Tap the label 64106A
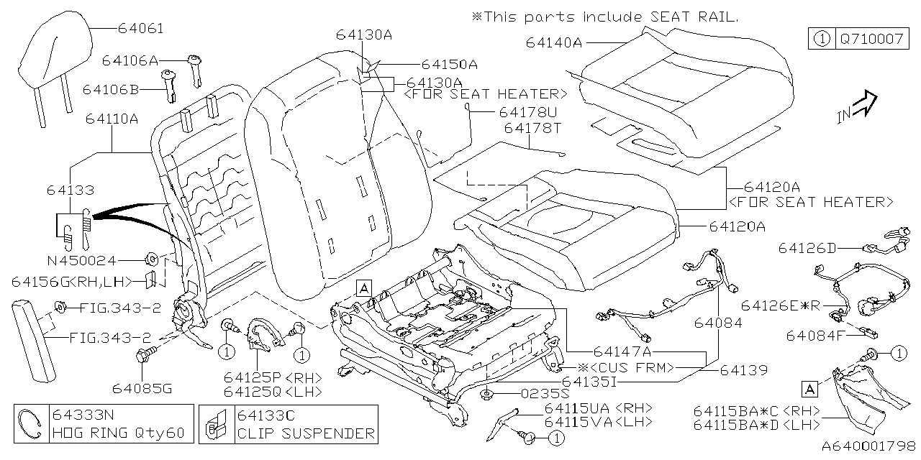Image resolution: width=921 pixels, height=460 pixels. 130,61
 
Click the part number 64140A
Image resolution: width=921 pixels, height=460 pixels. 553,42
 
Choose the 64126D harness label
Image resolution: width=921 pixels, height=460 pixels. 807,248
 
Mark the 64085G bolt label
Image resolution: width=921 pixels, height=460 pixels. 142,389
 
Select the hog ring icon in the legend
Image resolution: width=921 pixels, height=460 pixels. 32,424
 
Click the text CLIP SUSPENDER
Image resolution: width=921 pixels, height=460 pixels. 306,433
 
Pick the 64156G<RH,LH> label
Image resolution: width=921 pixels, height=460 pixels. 71,280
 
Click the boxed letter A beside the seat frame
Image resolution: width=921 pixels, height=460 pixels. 364,289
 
